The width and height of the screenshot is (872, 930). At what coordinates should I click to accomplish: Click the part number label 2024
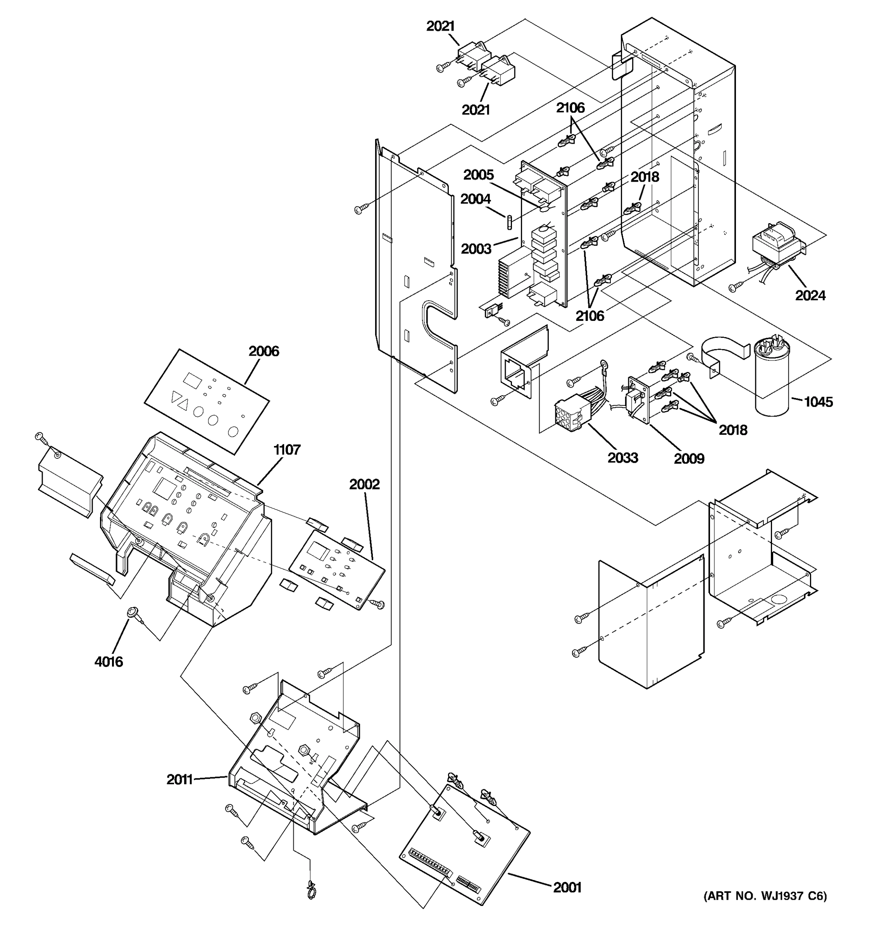coord(810,295)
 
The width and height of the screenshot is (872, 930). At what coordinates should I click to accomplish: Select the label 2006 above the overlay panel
coord(264,351)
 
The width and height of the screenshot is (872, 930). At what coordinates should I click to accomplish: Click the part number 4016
coord(109,661)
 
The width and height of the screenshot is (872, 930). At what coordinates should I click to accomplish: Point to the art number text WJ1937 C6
coord(765,896)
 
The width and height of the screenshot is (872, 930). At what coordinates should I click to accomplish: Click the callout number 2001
coord(567,887)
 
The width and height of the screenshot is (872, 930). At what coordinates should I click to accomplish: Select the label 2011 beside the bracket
coord(180,779)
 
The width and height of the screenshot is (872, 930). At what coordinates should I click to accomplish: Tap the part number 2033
coord(623,458)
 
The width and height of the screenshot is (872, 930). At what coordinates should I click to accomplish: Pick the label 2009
coord(689,458)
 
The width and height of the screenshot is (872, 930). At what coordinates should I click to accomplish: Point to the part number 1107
coord(287,449)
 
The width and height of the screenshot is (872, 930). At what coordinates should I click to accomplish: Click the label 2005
coord(479,175)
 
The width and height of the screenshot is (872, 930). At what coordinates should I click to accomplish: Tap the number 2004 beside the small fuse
coord(475,199)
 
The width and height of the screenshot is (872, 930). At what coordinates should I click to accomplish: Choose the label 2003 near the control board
coord(476,249)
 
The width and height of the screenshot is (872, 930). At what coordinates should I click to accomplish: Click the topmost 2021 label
coord(441,26)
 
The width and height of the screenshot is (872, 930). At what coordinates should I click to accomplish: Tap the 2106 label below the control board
coord(589,316)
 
